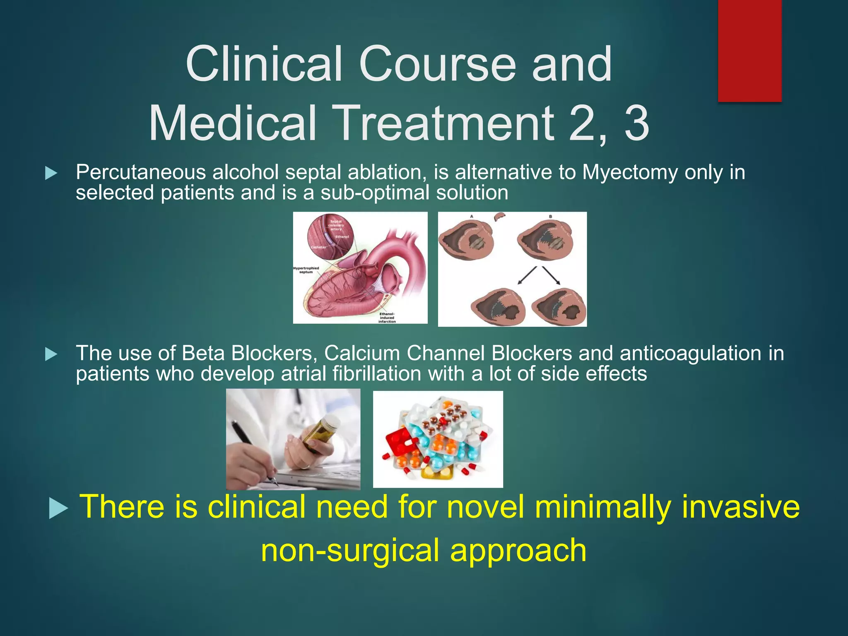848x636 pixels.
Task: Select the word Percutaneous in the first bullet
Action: click(141, 172)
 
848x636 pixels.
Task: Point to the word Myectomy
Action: click(630, 172)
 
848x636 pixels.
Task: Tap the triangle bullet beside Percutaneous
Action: click(51, 173)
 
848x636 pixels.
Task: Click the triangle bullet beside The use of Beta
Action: click(51, 354)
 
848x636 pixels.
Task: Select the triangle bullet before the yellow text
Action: click(58, 508)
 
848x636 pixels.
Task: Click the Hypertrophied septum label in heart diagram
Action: click(306, 270)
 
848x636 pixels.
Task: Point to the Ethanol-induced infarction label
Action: click(387, 318)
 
